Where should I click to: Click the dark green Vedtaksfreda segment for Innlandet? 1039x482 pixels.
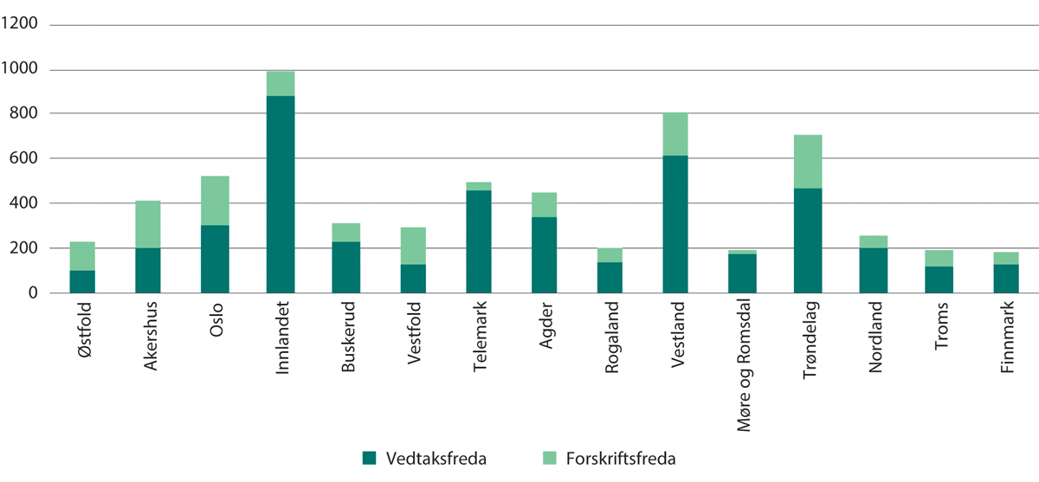(x=281, y=195)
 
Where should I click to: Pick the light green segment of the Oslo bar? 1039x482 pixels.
(x=215, y=201)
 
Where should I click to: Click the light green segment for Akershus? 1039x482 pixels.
(x=148, y=224)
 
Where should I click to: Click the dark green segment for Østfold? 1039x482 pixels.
(x=82, y=282)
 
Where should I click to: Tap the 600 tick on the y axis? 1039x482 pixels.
(x=29, y=159)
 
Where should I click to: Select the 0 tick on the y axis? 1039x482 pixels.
(x=37, y=294)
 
